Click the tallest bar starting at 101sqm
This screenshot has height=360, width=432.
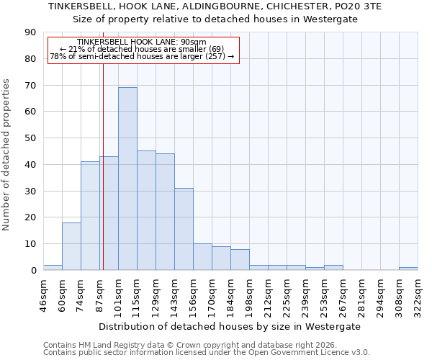tap(127, 179)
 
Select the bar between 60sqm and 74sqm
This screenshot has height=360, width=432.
tap(71, 246)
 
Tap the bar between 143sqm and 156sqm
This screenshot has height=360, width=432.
tap(184, 229)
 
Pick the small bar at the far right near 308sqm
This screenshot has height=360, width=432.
tap(408, 269)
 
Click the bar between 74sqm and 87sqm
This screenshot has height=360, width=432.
tap(90, 216)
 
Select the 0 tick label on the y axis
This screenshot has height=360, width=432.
tap(34, 270)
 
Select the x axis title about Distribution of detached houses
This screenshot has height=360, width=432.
tap(230, 326)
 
